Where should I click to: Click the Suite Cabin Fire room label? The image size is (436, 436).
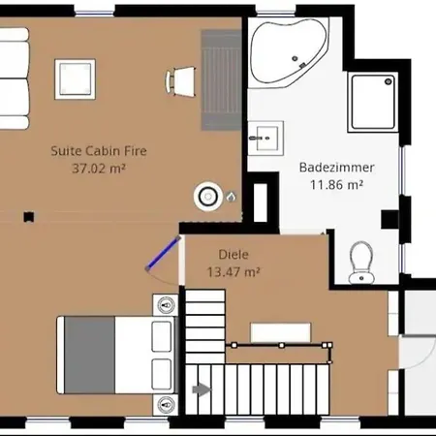pos(99,151)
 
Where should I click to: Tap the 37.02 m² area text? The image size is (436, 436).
pos(99,169)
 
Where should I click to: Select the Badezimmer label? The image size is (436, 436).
pos(337,168)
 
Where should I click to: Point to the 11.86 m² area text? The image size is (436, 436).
pos(336,185)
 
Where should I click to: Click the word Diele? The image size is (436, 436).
pos(234,255)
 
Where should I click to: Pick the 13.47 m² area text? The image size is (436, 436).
pos(234,272)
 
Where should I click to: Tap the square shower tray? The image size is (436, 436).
pos(372,102)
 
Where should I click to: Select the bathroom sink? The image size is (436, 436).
pos(265,139)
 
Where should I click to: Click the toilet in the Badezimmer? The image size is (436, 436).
pos(361,263)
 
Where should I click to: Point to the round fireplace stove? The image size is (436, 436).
pos(208,196)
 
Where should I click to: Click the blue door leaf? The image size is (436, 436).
pos(163,253)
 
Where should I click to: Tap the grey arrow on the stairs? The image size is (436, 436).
pos(202,389)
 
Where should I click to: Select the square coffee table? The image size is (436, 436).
pos(75,79)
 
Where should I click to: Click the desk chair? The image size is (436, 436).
pos(180,81)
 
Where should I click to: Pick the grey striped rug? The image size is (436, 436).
pos(222,80)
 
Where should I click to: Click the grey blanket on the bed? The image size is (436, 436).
pos(89,355)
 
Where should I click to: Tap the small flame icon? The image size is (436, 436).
pos(231,197)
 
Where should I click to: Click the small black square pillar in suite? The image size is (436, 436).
pos(29,217)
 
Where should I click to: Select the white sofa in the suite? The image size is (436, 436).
pos(14,78)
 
